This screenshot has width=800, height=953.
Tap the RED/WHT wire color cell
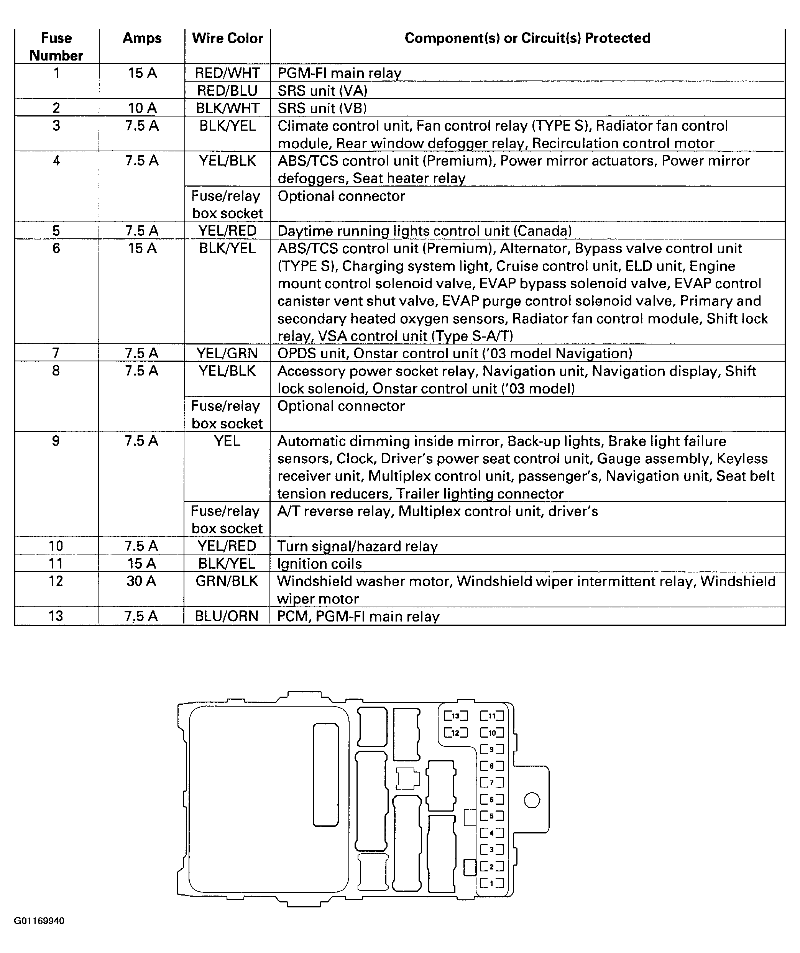click(x=227, y=73)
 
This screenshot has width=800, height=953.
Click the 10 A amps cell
click(x=142, y=108)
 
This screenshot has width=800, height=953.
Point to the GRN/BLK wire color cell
click(x=227, y=581)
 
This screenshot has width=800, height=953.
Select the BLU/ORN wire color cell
click(x=227, y=616)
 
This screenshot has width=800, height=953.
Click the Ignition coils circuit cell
click(x=320, y=564)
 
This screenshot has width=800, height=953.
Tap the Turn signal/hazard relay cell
click(x=357, y=546)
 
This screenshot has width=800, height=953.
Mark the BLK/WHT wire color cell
click(x=227, y=108)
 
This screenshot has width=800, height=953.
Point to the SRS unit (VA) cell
click(x=322, y=91)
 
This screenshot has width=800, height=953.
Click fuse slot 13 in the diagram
click(x=456, y=716)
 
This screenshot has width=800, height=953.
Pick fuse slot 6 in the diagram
click(x=492, y=800)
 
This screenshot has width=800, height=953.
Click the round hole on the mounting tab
click(x=532, y=800)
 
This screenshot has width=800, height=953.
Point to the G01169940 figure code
click(x=39, y=921)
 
